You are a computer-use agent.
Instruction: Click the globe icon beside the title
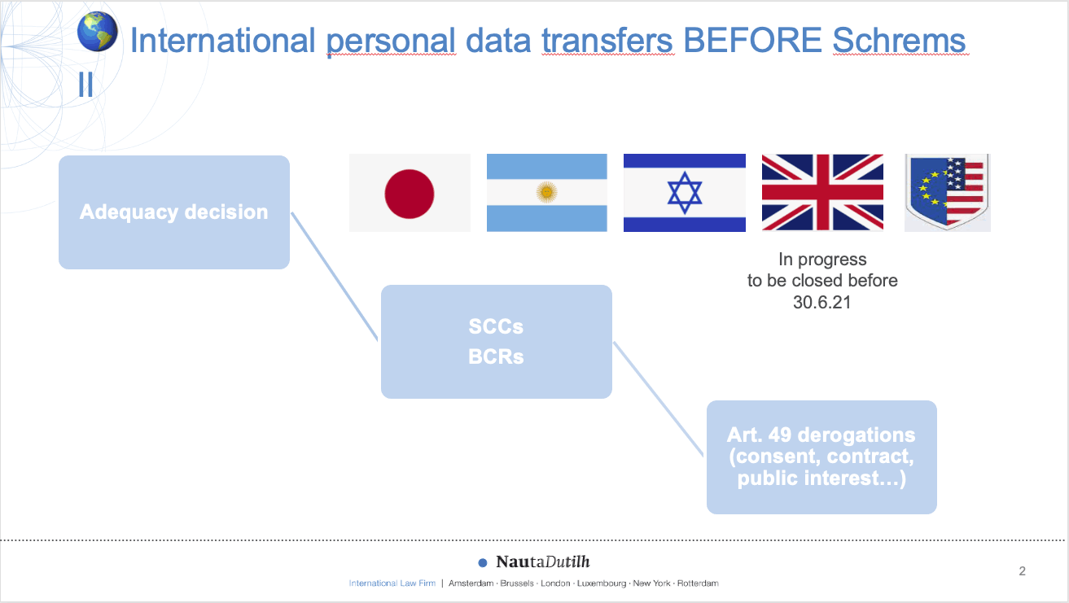98,32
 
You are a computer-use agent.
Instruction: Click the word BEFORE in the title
752,40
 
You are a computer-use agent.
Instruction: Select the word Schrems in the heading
900,40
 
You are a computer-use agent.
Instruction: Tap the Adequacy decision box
174,212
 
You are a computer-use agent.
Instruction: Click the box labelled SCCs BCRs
497,342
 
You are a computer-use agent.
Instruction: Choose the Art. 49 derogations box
821,457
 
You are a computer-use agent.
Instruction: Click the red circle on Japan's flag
410,194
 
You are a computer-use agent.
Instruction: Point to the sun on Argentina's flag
547,192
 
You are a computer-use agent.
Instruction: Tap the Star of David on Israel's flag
685,193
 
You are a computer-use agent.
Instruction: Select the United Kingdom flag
822,192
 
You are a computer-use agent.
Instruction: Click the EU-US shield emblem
948,193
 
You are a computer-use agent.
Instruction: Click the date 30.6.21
821,303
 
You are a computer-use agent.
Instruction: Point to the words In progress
822,260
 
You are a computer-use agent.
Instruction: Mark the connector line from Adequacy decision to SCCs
335,277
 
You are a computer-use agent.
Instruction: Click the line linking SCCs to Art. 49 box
659,400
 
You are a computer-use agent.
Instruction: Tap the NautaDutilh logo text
543,561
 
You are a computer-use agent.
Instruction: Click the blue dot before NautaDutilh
483,563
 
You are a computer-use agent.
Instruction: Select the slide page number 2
1023,571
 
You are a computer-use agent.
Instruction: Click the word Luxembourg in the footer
602,583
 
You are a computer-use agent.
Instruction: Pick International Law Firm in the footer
392,583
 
